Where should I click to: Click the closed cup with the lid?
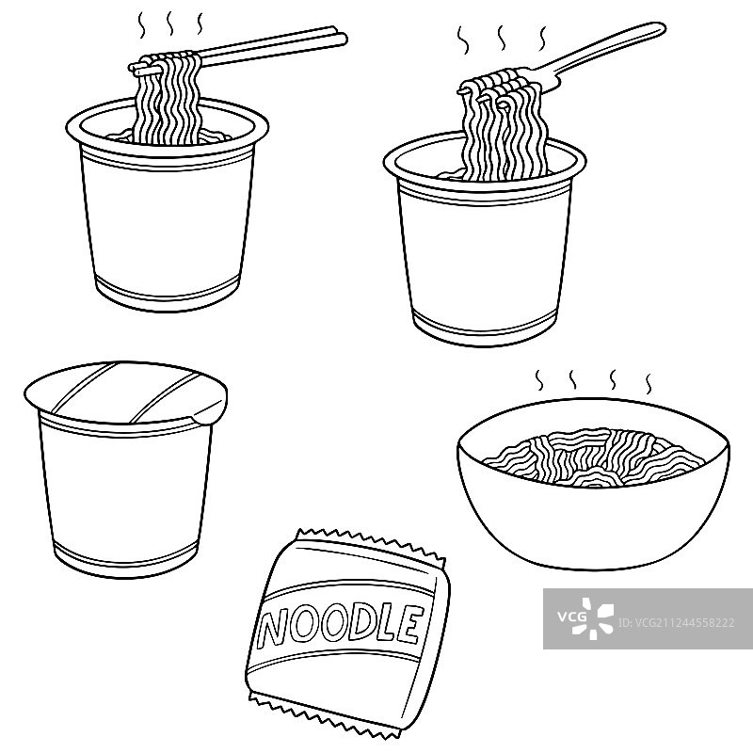[x=127, y=471]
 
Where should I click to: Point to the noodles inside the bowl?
[x=593, y=457]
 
